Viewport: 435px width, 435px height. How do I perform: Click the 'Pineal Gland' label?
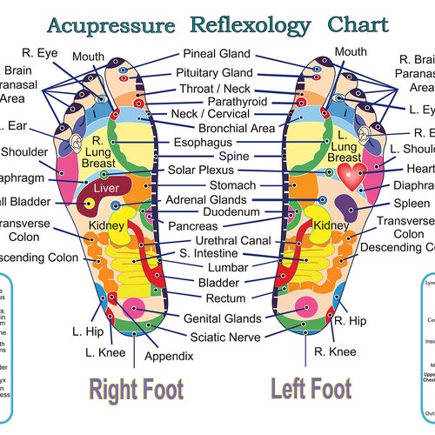pyautogui.click(x=217, y=54)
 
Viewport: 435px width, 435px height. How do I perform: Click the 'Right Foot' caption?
pyautogui.click(x=137, y=388)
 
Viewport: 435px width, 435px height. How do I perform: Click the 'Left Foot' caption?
pyautogui.click(x=311, y=388)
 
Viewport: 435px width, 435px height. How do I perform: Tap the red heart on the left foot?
pyautogui.click(x=352, y=177)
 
